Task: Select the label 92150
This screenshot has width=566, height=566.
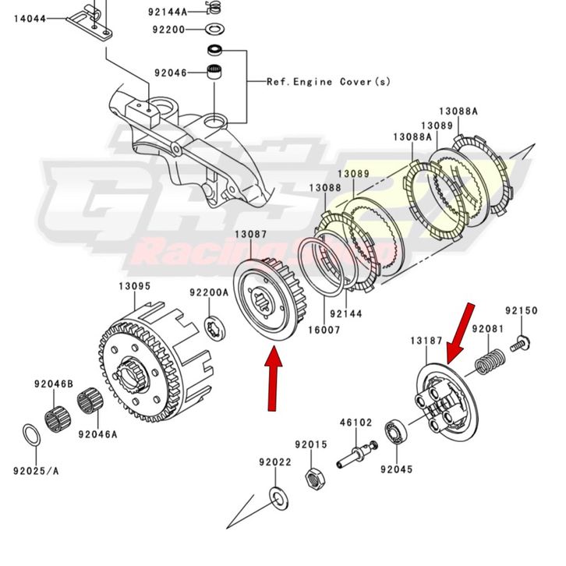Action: [521, 310]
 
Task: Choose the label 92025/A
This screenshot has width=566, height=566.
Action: [34, 469]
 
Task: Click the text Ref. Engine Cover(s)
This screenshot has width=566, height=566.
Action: [329, 81]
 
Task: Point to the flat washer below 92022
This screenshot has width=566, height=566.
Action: [276, 495]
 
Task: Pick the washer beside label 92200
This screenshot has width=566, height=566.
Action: [214, 30]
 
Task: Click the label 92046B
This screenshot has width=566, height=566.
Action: [53, 384]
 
